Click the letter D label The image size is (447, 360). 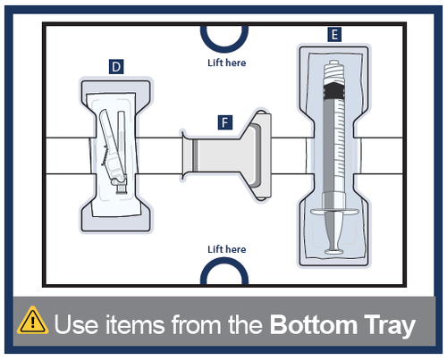tap(116, 67)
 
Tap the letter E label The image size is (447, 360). tap(334, 35)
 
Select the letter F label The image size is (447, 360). tap(225, 122)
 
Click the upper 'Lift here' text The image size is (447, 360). tap(227, 63)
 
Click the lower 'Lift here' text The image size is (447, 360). tap(227, 249)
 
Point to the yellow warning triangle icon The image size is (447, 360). tap(32, 321)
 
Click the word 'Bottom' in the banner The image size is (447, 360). tap(314, 324)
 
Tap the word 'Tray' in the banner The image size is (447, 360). tap(390, 326)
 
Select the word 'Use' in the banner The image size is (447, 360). tap(76, 324)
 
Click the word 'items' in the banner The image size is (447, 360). tap(135, 324)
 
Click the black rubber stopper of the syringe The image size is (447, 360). tap(334, 91)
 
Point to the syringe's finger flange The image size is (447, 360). tap(334, 212)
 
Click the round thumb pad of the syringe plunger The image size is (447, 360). tap(334, 252)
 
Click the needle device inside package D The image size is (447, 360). tap(114, 151)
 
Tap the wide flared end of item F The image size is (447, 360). tap(258, 155)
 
